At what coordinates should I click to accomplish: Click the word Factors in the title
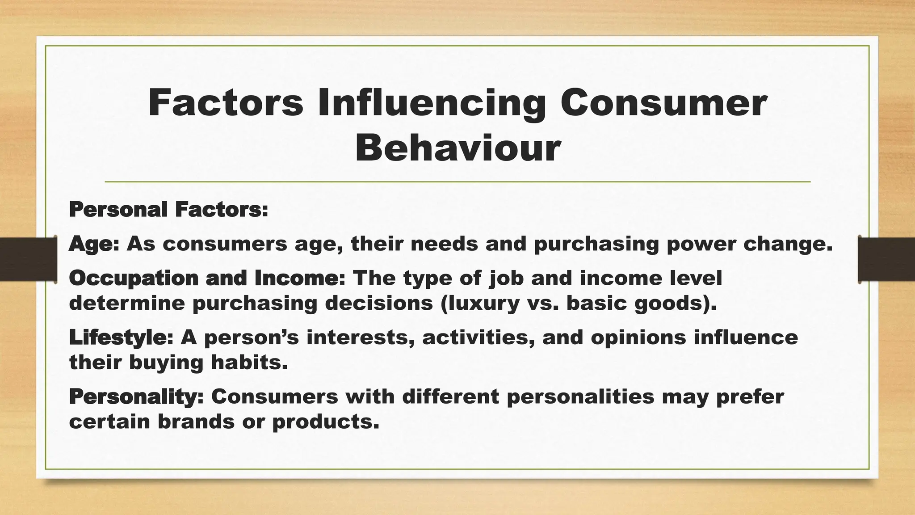225,103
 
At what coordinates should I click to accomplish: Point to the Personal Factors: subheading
168,210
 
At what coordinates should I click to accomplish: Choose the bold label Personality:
136,397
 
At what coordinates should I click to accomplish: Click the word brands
196,422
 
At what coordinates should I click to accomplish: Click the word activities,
478,338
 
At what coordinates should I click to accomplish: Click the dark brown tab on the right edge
886,259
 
